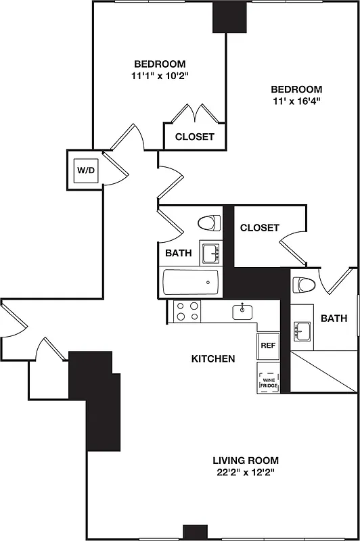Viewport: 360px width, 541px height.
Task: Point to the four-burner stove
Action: point(187,311)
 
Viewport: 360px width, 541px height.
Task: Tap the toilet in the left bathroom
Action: point(210,222)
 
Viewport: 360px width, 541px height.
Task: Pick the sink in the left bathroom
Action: point(210,253)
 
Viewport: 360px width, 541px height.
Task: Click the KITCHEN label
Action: point(212,358)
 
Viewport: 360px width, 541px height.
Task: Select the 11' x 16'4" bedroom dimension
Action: point(296,101)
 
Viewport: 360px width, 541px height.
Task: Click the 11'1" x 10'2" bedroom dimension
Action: point(160,76)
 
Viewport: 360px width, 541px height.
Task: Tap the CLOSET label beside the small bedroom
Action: point(195,137)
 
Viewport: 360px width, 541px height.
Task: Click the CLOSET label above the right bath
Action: point(259,228)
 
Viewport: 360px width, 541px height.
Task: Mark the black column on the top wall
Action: point(228,17)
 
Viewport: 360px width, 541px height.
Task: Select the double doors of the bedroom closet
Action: point(194,112)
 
